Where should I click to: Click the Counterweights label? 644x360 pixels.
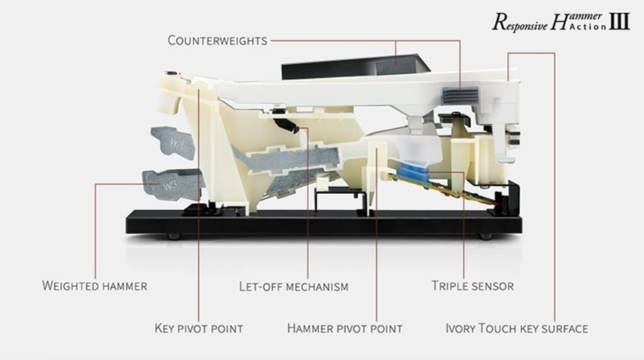(x=218, y=40)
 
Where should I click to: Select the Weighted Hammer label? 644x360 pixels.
(x=95, y=286)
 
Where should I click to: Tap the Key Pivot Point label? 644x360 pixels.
(x=198, y=329)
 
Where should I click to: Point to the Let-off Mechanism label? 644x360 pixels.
(x=293, y=287)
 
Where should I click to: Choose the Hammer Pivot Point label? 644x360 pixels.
(x=344, y=329)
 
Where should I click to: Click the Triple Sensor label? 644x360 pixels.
(x=473, y=286)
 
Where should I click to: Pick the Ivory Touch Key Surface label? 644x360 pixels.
(x=516, y=329)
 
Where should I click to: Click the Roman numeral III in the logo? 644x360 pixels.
(x=620, y=21)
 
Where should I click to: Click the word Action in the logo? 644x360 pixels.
(x=590, y=27)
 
